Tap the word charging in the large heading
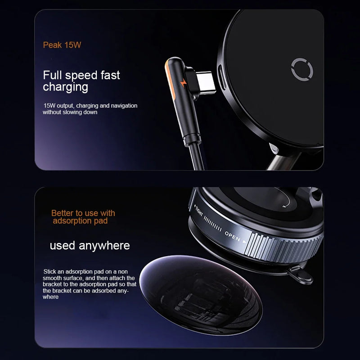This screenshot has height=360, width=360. (65, 87)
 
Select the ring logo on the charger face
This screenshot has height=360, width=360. (298, 70)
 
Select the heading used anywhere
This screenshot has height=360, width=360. (90, 245)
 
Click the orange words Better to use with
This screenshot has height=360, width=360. (83, 213)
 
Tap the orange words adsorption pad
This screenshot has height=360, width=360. (80, 221)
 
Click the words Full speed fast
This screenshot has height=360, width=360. (81, 75)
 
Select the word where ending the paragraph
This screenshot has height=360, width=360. (50, 297)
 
